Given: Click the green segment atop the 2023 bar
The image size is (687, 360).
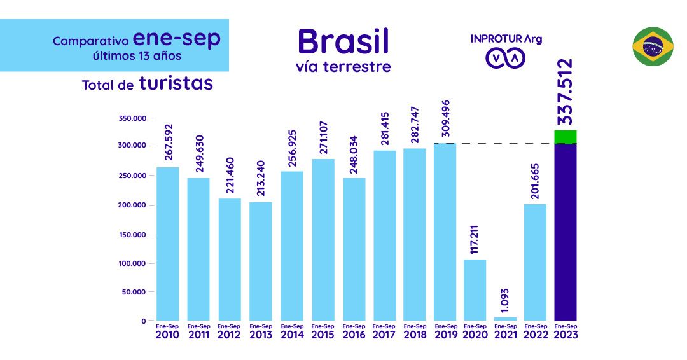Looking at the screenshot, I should (x=566, y=137).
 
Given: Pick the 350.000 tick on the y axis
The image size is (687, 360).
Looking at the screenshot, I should (x=132, y=118).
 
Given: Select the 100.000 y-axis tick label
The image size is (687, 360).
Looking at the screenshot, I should (x=132, y=263).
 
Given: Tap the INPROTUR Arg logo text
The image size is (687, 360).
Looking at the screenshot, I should (x=506, y=39).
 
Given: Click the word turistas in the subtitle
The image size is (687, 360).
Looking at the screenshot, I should (x=176, y=83).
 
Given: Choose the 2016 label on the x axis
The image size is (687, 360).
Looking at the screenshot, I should (x=354, y=335).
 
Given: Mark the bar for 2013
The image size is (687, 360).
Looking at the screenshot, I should (x=261, y=261).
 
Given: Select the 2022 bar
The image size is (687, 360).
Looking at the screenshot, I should (x=535, y=261).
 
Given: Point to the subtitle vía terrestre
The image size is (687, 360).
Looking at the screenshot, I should (x=343, y=66).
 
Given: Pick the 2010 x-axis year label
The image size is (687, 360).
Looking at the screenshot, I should (x=167, y=335).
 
